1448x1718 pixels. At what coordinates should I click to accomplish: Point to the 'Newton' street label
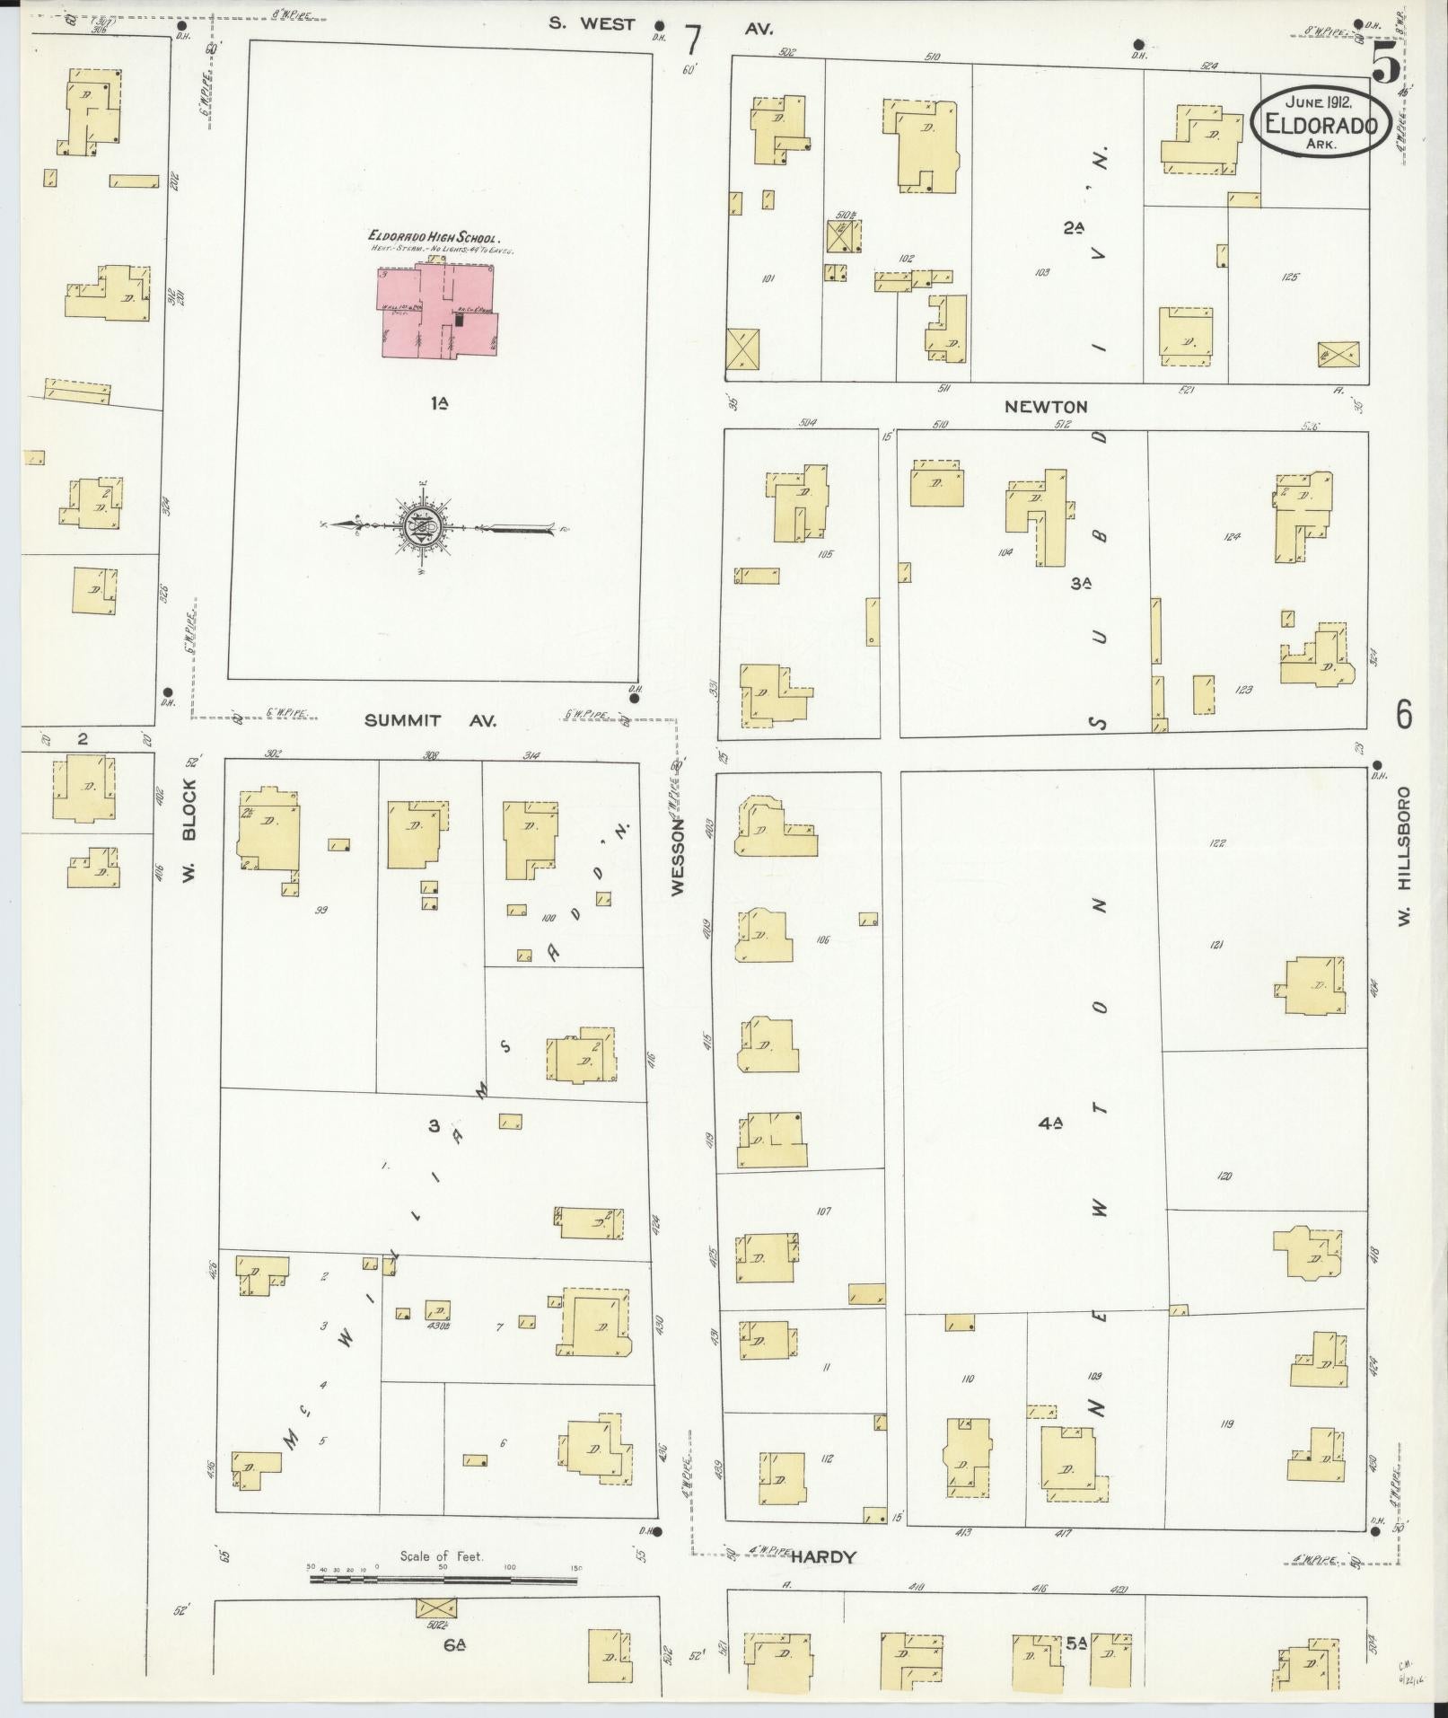[x=1046, y=406]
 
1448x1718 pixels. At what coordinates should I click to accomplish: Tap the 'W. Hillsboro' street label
[x=1404, y=857]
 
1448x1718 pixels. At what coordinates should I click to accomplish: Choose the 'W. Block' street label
[x=189, y=832]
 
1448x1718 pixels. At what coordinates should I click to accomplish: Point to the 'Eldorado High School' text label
[x=438, y=235]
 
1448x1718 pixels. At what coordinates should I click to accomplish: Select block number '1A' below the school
[x=438, y=404]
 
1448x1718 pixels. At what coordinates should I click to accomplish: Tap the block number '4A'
[x=1051, y=1122]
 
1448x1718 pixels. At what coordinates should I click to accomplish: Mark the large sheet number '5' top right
[x=1383, y=65]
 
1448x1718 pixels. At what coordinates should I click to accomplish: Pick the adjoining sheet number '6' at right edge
[x=1403, y=715]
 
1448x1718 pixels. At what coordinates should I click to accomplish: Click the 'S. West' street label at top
[x=592, y=23]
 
